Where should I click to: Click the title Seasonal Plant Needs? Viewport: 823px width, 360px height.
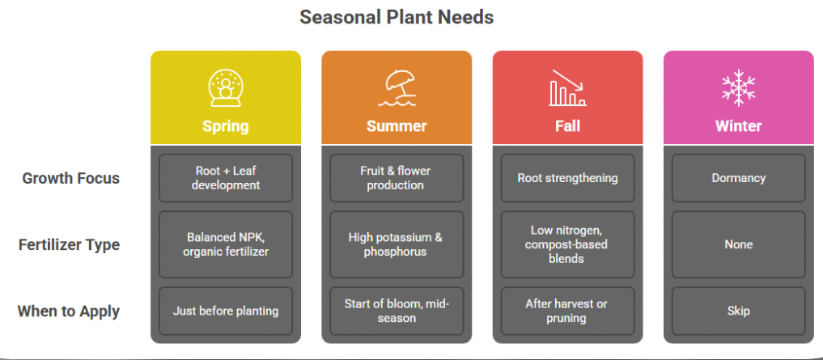[397, 16]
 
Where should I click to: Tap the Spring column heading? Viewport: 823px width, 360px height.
[225, 126]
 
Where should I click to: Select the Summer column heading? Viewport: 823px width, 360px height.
[397, 126]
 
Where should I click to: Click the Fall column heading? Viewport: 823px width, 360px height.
[567, 126]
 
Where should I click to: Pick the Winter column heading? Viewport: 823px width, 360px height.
[738, 126]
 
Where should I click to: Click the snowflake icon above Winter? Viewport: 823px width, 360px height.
[738, 87]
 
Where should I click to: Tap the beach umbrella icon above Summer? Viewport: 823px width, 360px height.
[397, 87]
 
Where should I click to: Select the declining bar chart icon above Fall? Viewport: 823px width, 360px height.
[567, 87]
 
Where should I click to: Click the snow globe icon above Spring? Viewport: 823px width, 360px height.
[225, 87]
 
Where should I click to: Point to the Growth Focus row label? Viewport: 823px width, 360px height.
[70, 178]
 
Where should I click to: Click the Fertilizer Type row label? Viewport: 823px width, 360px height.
[69, 244]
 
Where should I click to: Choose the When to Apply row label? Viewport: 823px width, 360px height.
[69, 311]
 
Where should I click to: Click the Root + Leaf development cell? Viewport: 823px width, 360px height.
[226, 178]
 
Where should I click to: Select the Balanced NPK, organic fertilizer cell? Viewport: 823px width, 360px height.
[226, 244]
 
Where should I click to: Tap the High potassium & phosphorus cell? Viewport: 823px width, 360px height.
[397, 244]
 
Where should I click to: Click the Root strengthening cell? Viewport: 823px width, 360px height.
[567, 178]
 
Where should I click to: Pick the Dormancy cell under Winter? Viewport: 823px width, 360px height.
[738, 178]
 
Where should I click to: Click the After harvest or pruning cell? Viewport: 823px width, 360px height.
[567, 311]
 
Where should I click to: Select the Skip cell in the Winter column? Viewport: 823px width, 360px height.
[738, 311]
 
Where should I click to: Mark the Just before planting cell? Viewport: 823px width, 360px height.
[226, 311]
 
